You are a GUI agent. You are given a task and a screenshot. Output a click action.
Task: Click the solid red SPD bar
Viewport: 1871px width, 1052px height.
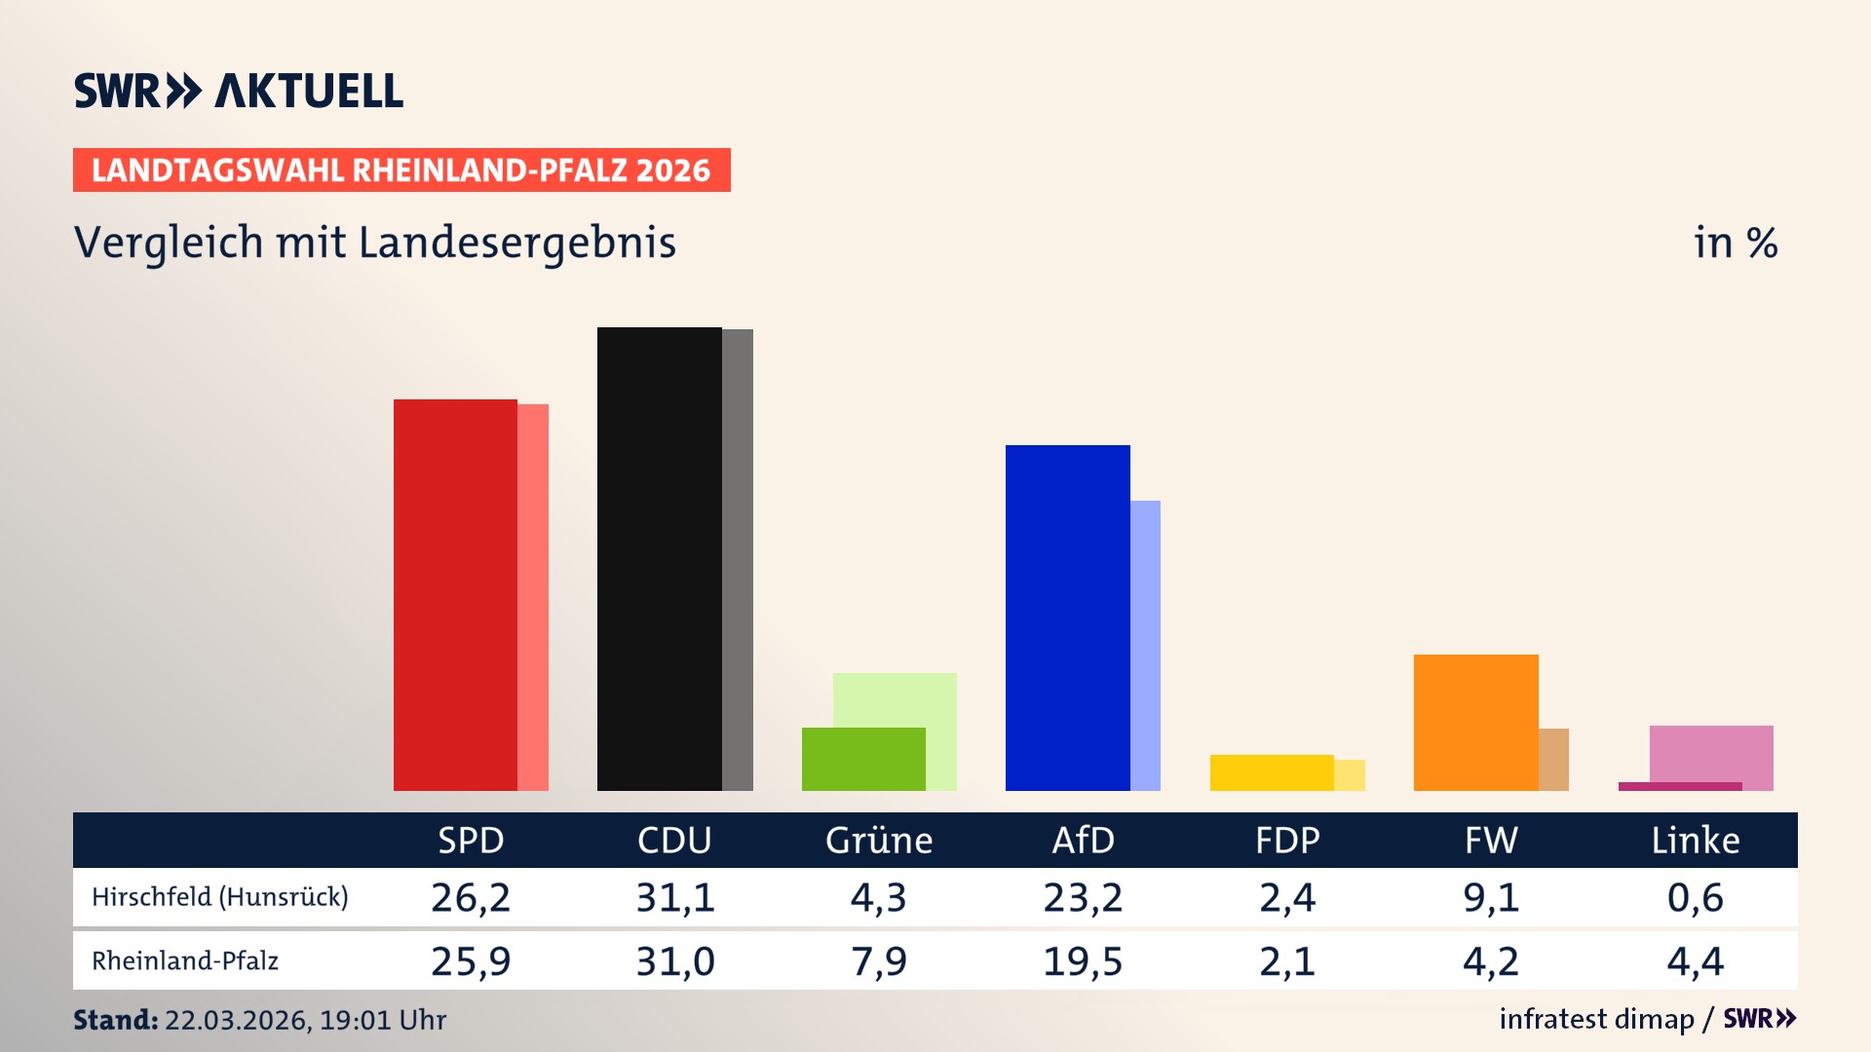click(455, 594)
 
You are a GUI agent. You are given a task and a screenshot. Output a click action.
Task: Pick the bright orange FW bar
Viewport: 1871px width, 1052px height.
click(1475, 722)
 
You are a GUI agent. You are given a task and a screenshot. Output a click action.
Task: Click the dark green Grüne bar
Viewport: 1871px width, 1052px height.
click(863, 759)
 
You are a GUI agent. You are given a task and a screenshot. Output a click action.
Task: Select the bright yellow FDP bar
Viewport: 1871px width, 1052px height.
click(1272, 772)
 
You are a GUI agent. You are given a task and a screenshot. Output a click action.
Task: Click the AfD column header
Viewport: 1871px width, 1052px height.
click(1083, 841)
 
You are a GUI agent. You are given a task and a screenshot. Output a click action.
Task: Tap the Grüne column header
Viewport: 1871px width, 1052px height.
click(879, 841)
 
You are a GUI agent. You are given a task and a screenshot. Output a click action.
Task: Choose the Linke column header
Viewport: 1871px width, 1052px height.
click(1695, 841)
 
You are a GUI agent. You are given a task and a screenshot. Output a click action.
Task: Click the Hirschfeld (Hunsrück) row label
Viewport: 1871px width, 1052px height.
click(220, 897)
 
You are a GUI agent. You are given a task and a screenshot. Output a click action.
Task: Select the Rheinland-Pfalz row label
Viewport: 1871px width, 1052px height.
click(185, 961)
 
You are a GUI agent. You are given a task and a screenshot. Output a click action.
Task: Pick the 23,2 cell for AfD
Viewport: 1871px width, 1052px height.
click(1083, 897)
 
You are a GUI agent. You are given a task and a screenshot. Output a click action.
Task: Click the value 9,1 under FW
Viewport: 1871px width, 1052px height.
click(1491, 897)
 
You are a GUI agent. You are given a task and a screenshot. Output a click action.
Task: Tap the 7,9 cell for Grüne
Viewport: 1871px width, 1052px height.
click(879, 961)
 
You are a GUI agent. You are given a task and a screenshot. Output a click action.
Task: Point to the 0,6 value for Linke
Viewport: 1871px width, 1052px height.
click(1695, 897)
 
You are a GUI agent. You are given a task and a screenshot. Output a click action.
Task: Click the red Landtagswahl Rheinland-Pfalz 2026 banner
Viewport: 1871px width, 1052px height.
click(401, 170)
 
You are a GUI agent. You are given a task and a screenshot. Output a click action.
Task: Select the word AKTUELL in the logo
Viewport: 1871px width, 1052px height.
click(309, 92)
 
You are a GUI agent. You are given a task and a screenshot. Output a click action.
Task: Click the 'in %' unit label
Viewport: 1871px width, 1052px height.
click(1736, 243)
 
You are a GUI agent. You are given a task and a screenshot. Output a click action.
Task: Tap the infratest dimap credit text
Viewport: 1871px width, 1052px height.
click(1596, 1019)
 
